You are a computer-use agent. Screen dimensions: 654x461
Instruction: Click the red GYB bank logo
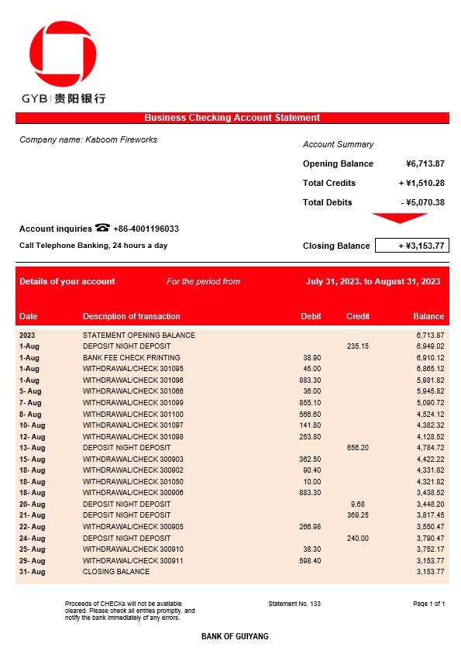63,56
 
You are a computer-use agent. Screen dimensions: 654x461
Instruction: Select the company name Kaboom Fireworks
88,139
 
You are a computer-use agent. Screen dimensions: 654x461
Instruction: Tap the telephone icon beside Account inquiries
102,228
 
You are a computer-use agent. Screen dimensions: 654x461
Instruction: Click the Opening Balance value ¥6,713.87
425,163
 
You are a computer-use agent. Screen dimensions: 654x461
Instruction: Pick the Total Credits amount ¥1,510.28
421,183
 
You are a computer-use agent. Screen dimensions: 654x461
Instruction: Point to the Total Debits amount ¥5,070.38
423,202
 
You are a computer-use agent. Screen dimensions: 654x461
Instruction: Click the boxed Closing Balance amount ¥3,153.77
411,246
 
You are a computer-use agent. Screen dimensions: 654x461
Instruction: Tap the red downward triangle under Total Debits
399,218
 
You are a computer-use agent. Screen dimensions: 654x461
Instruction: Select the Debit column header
311,316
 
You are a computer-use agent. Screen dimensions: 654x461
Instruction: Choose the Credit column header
358,316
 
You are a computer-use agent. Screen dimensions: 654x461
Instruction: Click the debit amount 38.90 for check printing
310,358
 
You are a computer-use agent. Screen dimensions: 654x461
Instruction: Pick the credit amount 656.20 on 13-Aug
357,448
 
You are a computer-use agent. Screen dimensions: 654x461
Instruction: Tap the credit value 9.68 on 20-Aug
357,504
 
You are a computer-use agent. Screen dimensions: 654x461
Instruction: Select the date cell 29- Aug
33,560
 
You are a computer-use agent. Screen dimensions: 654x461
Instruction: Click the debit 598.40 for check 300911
310,560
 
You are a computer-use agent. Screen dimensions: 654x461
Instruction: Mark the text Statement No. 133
294,603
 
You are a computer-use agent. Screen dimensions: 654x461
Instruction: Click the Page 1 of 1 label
429,603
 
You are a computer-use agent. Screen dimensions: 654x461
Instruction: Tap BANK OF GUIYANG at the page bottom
235,636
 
